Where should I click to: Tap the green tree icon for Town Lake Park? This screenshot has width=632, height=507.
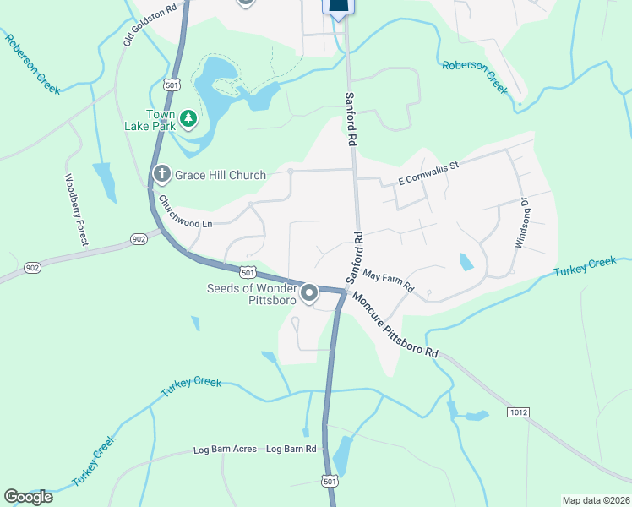188,120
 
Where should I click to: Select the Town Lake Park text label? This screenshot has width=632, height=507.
161,120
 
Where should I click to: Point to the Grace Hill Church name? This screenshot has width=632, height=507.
220,175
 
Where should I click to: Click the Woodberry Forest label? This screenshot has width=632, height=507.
77,210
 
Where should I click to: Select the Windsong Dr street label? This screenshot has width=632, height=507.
523,222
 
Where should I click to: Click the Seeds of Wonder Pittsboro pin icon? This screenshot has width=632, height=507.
310,293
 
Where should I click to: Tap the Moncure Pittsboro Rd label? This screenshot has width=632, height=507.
395,324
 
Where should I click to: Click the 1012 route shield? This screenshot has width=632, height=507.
518,412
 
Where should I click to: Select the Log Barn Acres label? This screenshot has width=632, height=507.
225,449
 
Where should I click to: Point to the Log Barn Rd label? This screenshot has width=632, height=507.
291,449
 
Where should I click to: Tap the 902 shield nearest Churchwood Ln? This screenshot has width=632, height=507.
139,239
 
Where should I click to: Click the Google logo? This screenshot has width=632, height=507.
28,497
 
